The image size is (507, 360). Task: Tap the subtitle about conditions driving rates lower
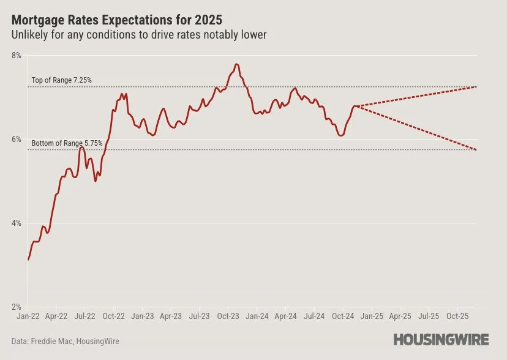point(139,35)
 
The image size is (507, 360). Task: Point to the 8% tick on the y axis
point(16,56)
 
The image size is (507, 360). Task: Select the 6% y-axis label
point(16,140)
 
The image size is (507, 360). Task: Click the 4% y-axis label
point(16,223)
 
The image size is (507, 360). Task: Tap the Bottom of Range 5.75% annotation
point(67,143)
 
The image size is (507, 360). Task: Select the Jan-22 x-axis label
point(28,317)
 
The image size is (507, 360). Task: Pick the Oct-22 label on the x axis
point(113,317)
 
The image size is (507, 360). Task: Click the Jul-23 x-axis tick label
point(200,317)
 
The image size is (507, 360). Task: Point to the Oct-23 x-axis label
point(228,317)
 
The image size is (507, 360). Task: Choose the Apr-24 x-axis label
point(285,317)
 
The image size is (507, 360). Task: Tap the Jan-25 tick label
point(371,317)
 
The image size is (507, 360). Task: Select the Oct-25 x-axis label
point(457,317)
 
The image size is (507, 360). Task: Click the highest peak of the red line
point(236,64)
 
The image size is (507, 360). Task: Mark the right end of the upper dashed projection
point(476,87)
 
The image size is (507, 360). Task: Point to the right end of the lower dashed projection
point(476,150)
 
